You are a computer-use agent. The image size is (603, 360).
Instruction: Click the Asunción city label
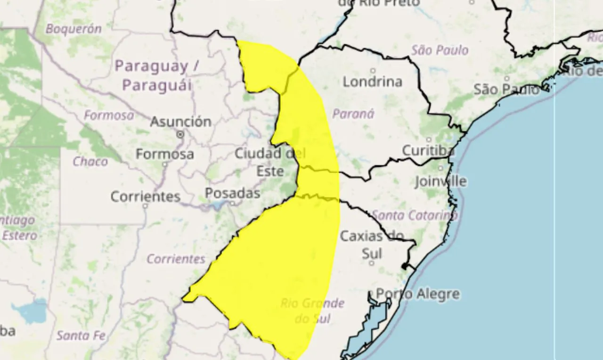point(180,122)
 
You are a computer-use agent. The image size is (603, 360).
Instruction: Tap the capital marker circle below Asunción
point(180,135)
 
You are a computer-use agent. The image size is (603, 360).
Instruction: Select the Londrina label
point(372,82)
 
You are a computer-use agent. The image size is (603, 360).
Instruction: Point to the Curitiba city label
point(428,151)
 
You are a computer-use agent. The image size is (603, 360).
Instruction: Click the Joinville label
point(440,181)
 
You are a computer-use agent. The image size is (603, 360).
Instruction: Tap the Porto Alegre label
point(417,294)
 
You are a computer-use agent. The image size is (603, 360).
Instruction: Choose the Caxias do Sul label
point(372,244)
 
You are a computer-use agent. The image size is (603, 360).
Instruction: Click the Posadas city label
point(232,193)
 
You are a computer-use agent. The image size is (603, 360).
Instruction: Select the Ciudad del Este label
point(270,162)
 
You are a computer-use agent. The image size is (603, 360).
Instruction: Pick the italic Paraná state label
point(353,114)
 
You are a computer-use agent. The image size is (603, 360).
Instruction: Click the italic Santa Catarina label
point(415,215)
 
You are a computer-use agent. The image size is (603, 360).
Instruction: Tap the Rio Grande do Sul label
point(312,311)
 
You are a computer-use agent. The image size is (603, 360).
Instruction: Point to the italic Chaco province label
point(90,162)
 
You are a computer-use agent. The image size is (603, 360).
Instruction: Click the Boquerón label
point(73,29)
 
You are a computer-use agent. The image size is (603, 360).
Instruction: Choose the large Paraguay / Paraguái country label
point(157,75)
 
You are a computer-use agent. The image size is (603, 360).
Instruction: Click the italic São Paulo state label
point(440,50)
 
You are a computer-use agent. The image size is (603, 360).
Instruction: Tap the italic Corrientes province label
point(176,259)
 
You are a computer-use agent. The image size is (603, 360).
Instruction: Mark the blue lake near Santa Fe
point(29,311)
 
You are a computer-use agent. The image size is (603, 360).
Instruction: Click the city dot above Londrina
point(373,71)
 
